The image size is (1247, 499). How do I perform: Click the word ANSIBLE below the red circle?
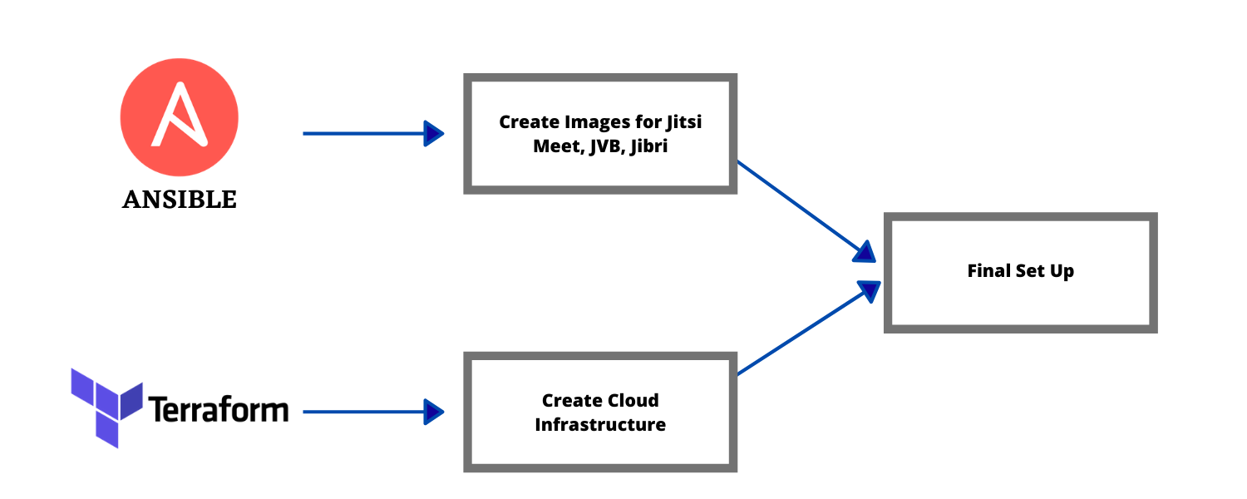coord(180,200)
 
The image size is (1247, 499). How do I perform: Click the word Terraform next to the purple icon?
coord(218,409)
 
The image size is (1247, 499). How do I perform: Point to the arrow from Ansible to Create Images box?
coord(366,133)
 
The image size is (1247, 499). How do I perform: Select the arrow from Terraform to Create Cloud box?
coord(366,411)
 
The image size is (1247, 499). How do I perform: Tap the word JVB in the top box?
coord(602,146)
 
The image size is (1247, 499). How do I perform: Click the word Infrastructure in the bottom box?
coord(600,424)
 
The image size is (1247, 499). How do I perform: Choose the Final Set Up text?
coord(1020,271)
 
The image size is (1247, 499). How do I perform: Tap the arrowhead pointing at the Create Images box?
coord(434,133)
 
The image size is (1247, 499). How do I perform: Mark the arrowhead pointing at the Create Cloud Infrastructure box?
coord(434,411)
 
